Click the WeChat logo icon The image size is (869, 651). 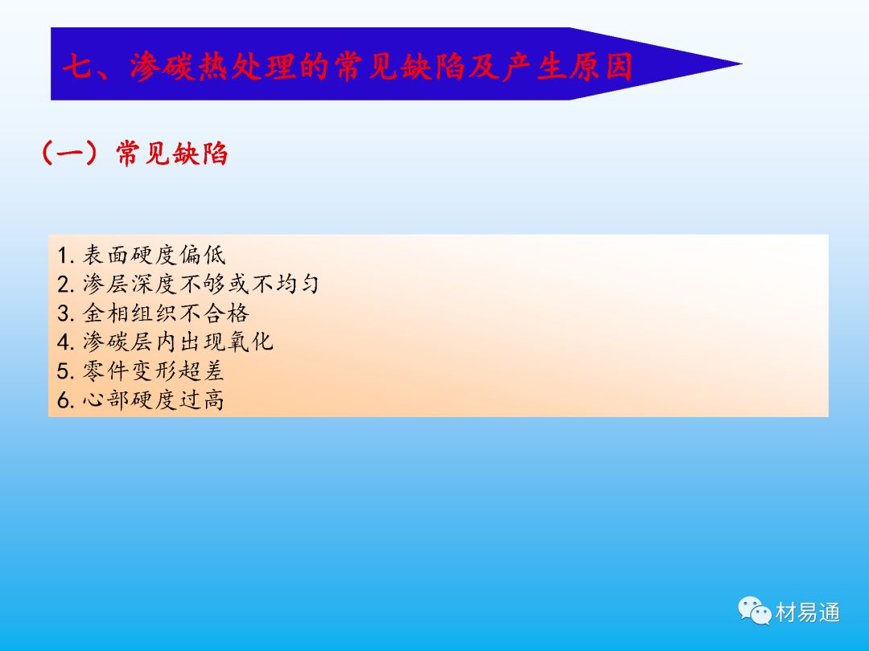tap(754, 610)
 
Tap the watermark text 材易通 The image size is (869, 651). tap(808, 612)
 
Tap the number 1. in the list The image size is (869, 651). tap(66, 256)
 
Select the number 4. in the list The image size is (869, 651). tap(66, 342)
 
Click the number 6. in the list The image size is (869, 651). tap(66, 400)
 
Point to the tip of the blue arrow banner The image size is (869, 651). tap(742, 63)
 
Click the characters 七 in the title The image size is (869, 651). tap(78, 68)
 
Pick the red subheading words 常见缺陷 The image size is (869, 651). tap(172, 154)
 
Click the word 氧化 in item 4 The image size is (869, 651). tap(250, 342)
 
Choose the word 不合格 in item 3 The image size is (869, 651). tap(214, 313)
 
